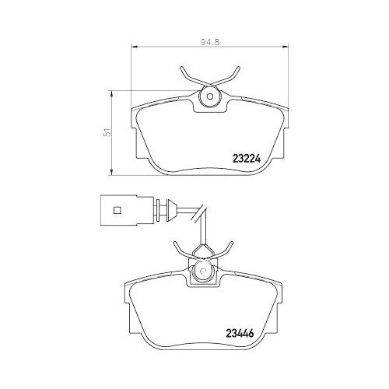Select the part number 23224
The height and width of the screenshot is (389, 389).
[x=248, y=154]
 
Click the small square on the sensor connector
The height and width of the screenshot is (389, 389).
[x=117, y=209]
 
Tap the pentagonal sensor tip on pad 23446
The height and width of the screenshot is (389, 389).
[x=202, y=251]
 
